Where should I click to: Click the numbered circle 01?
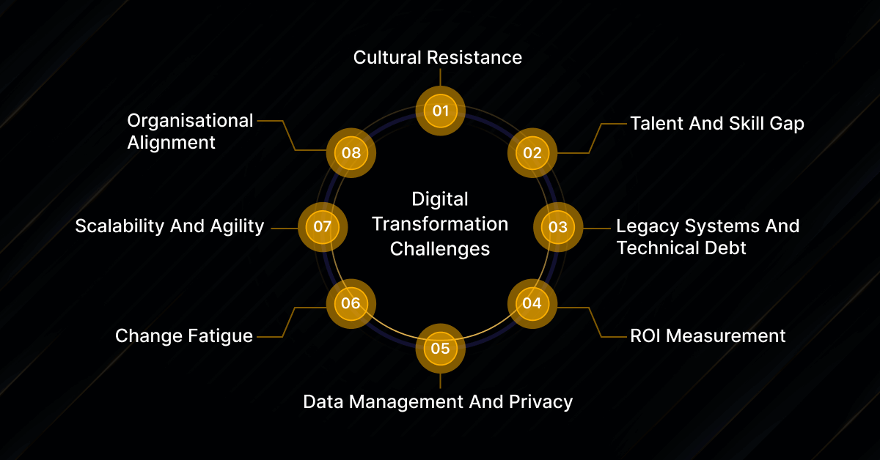(440, 111)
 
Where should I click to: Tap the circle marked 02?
(532, 153)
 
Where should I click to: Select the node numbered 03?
(557, 227)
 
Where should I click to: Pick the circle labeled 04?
(532, 303)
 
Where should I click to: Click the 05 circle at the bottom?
(440, 348)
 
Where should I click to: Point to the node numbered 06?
(351, 303)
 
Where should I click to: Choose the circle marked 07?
(323, 227)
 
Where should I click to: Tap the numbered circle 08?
(351, 153)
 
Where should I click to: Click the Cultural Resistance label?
(438, 57)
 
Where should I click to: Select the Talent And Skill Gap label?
(716, 123)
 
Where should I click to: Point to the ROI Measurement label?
(708, 336)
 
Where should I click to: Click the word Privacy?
(544, 401)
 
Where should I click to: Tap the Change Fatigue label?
(184, 336)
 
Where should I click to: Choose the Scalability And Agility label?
(169, 226)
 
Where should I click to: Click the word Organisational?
(190, 120)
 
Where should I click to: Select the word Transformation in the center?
(440, 223)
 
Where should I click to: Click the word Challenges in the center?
(440, 248)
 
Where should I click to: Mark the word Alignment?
(172, 142)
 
